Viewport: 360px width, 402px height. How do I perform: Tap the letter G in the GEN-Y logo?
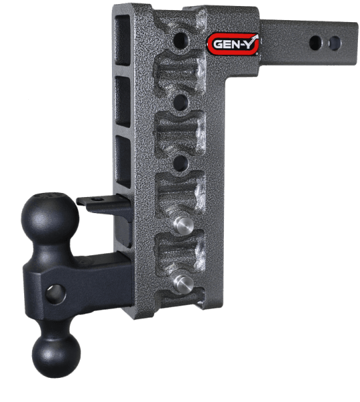click(x=216, y=45)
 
